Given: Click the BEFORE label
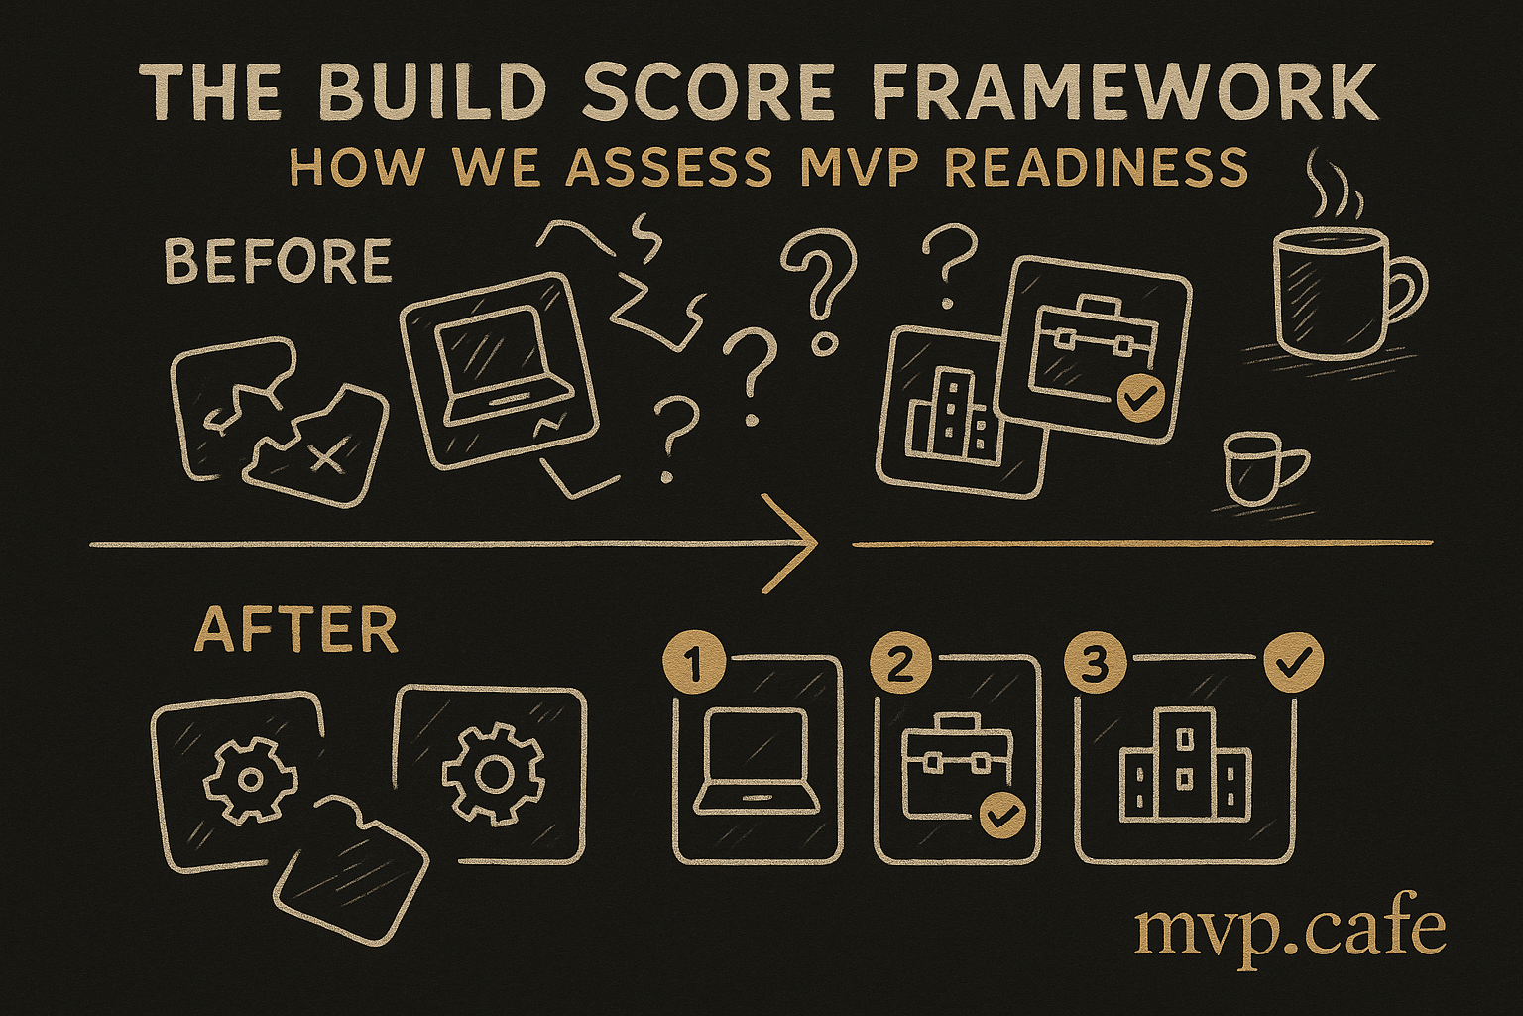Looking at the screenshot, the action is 278,261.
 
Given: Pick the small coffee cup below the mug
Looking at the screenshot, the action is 1262,467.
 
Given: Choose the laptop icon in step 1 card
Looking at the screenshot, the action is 755,761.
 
